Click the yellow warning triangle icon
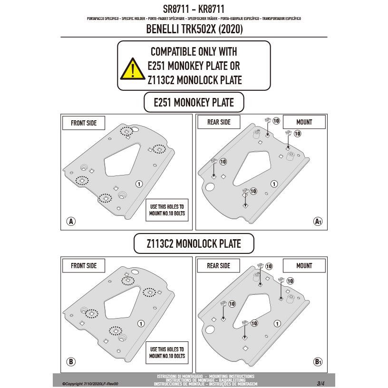click(x=132, y=69)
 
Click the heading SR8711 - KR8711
click(x=194, y=9)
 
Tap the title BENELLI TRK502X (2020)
click(x=194, y=29)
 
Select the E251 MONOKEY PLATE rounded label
click(x=194, y=102)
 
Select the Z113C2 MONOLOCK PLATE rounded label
click(x=194, y=244)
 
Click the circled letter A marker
click(x=71, y=221)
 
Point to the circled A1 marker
click(x=318, y=221)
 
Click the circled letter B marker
click(x=71, y=362)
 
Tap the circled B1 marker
click(x=318, y=362)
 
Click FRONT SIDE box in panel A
click(x=84, y=123)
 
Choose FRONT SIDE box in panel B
click(x=84, y=265)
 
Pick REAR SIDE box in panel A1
click(x=219, y=122)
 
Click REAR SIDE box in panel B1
click(x=219, y=265)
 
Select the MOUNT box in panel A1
click(x=304, y=122)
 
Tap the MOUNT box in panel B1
click(x=304, y=265)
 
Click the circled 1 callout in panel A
click(x=139, y=184)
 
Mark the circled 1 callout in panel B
click(x=140, y=323)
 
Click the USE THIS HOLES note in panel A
click(x=166, y=210)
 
